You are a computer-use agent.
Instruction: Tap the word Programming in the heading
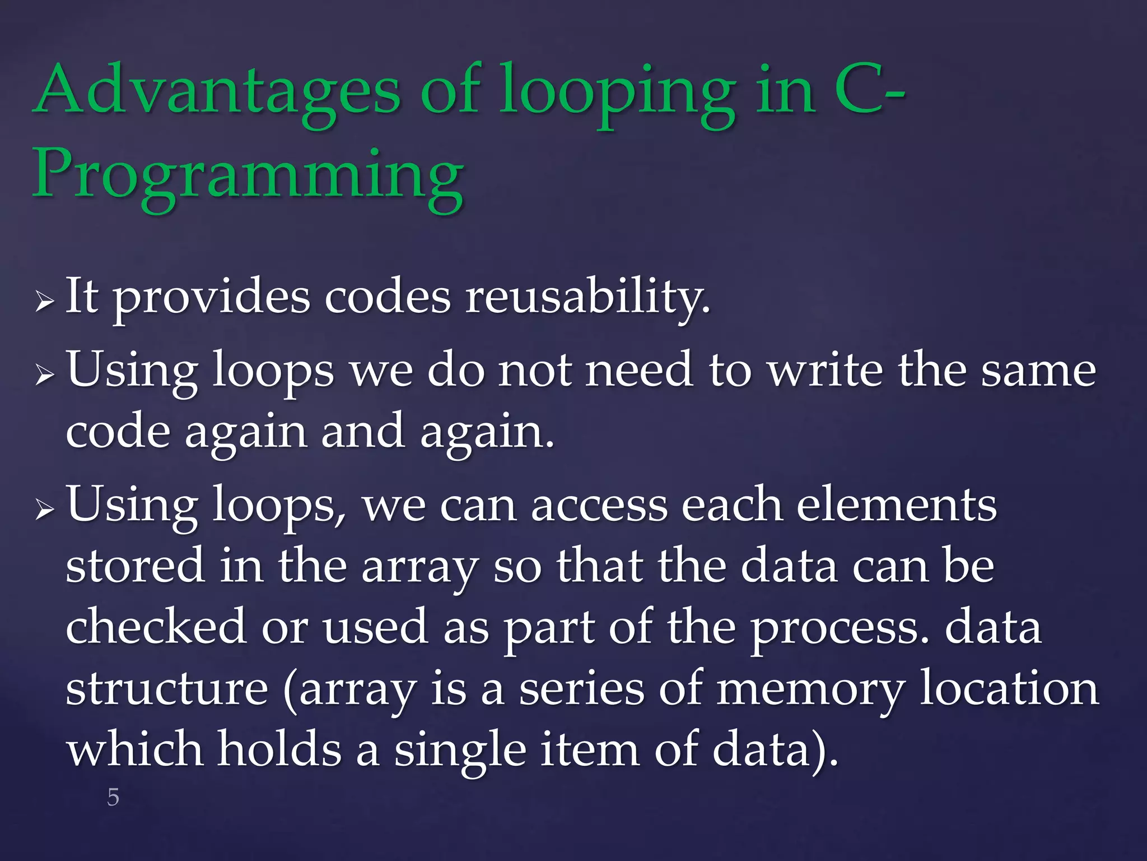point(248,175)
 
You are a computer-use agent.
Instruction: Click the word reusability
point(588,297)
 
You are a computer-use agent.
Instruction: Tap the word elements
point(896,504)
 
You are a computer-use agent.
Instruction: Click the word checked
point(156,627)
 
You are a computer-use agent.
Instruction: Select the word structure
point(167,688)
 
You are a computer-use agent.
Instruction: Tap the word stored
point(135,566)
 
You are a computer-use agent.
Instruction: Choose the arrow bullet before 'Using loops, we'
point(44,510)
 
